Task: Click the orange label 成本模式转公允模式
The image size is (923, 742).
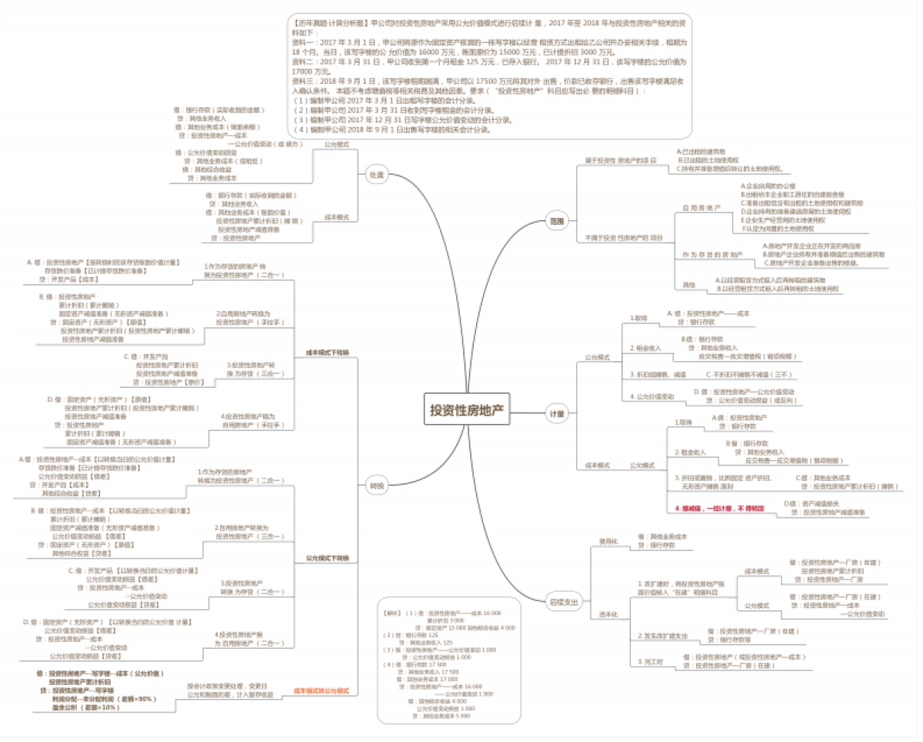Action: click(x=321, y=690)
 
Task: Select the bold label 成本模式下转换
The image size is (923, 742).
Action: click(x=327, y=352)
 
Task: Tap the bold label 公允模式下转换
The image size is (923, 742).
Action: click(x=327, y=557)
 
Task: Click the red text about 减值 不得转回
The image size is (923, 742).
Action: click(x=718, y=509)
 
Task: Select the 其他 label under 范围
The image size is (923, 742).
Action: click(x=688, y=285)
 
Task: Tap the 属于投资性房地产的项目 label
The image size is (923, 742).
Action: click(x=620, y=160)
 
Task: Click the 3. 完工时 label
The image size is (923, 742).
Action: click(x=651, y=661)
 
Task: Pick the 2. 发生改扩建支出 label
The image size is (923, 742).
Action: click(x=662, y=636)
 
